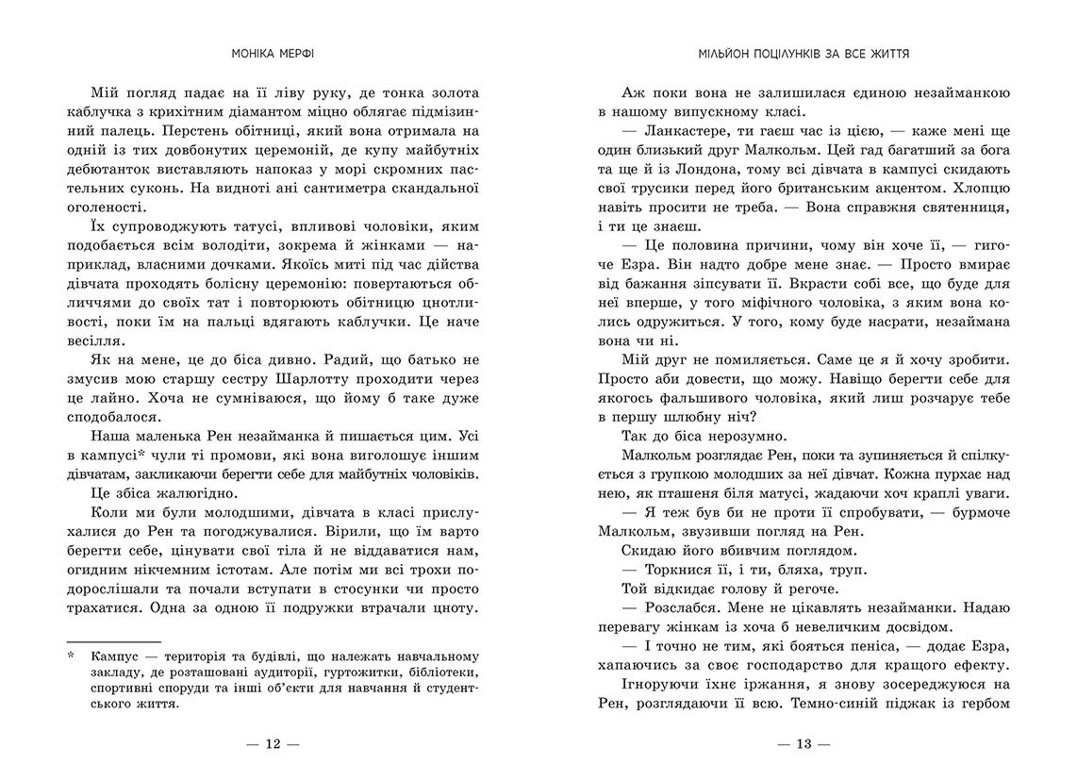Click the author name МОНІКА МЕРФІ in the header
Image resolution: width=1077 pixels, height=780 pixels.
[x=273, y=55]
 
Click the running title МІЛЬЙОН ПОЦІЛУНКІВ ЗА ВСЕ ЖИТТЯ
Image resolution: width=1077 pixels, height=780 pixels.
[x=804, y=55]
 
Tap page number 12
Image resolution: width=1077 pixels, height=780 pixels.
[x=273, y=743]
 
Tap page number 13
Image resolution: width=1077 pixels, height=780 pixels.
[x=804, y=743]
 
